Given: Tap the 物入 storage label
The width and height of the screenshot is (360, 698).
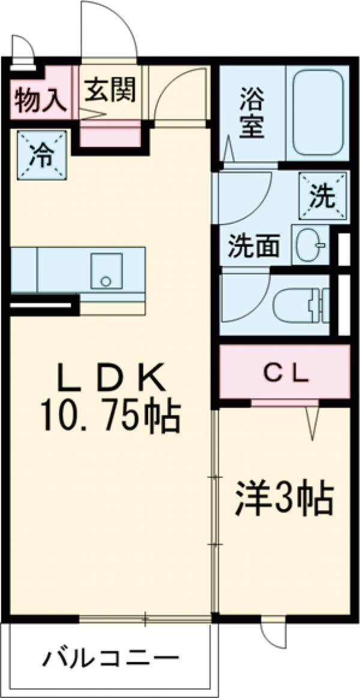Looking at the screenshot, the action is pos(40,100).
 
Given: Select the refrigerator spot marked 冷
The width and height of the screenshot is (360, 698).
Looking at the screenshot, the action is pos(42,155).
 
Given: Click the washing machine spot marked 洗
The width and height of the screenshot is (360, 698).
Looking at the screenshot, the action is pos(323,196).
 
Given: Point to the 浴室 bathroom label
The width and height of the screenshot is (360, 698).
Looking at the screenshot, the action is pos(253,112).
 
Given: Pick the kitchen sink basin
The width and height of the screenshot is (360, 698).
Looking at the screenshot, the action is pos(106,270).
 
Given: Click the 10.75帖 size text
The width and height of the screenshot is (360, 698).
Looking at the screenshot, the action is pos(111,417).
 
